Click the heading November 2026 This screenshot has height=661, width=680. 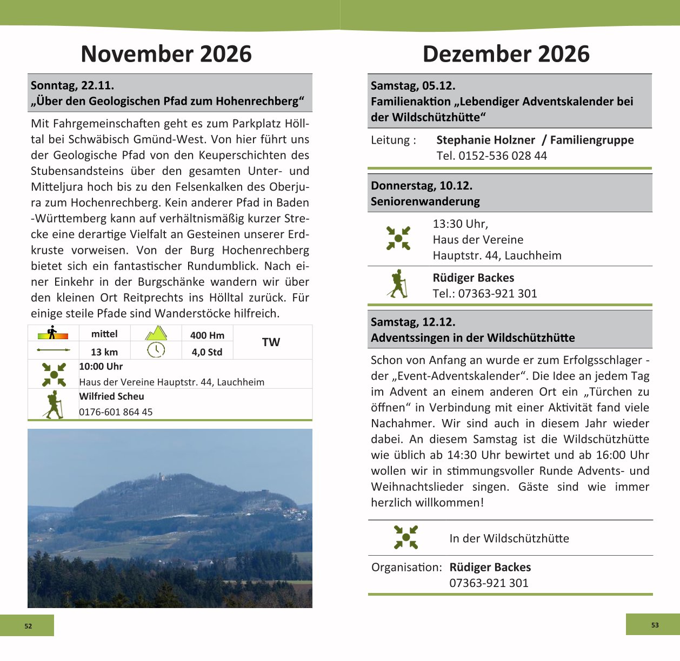pos(166,54)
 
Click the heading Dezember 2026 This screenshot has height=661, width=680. pos(506,54)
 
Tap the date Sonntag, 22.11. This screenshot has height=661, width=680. pos(72,85)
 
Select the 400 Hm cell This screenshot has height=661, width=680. pos(207,335)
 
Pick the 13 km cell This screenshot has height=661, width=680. pos(104,352)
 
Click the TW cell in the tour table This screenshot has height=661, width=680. pos(271,342)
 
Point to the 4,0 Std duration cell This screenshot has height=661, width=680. pos(207,352)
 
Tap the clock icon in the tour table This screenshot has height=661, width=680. pos(156,350)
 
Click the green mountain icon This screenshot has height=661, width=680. pos(156,333)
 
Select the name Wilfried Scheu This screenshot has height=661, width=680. pos(111,396)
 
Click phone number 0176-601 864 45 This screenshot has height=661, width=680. pos(116,412)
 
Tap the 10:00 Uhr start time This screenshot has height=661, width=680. pos(101,366)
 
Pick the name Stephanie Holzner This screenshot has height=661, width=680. pos(485,140)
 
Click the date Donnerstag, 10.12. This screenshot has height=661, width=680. pos(421,186)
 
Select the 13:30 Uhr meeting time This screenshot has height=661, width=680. pos(460,224)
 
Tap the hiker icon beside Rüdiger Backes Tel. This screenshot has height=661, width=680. pos(398,284)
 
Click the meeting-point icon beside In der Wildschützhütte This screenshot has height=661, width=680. pos(406,537)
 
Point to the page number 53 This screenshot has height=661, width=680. pos(655,625)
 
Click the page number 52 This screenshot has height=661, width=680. pos(28,626)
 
